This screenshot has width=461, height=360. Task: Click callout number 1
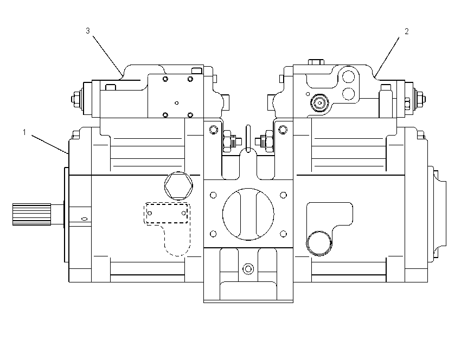(x=24, y=132)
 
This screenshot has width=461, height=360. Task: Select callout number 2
(x=407, y=31)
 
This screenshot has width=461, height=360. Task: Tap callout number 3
(x=88, y=31)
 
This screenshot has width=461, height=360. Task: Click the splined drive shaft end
(x=32, y=214)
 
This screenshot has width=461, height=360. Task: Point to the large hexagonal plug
(x=178, y=186)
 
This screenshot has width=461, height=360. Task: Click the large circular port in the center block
(x=248, y=214)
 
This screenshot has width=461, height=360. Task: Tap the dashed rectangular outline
(x=167, y=213)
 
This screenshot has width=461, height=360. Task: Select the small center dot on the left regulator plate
(x=176, y=103)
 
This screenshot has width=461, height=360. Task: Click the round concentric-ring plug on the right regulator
(x=319, y=103)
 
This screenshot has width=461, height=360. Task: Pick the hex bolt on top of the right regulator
(x=316, y=62)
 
